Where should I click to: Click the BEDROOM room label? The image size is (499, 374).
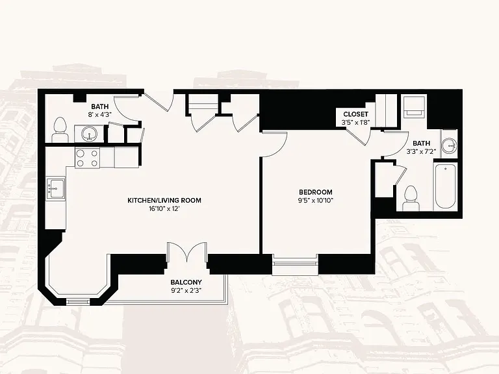click(316, 192)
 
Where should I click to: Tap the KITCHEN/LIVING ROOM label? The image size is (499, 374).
click(164, 201)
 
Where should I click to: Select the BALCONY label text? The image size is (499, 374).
click(186, 282)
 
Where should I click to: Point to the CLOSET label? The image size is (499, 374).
click(356, 114)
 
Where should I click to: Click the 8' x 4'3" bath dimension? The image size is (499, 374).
click(100, 114)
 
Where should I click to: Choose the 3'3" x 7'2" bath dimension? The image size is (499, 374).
click(421, 151)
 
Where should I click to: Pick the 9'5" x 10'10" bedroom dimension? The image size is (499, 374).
click(316, 201)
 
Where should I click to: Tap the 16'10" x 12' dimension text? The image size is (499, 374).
click(164, 208)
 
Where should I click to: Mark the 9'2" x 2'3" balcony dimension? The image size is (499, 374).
click(186, 290)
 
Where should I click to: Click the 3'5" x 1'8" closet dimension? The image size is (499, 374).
click(356, 122)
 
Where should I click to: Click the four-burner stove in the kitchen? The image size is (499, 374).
click(87, 158)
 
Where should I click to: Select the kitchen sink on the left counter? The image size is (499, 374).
click(56, 188)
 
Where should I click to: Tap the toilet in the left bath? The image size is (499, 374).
click(60, 130)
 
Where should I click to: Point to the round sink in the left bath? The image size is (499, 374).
click(90, 134)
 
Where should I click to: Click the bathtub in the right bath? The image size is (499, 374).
click(445, 186)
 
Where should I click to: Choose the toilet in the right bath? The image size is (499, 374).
click(411, 198)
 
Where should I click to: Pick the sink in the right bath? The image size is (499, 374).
click(450, 145)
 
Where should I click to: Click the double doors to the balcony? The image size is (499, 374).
click(187, 252)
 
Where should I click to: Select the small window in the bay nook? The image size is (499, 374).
click(78, 302)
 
